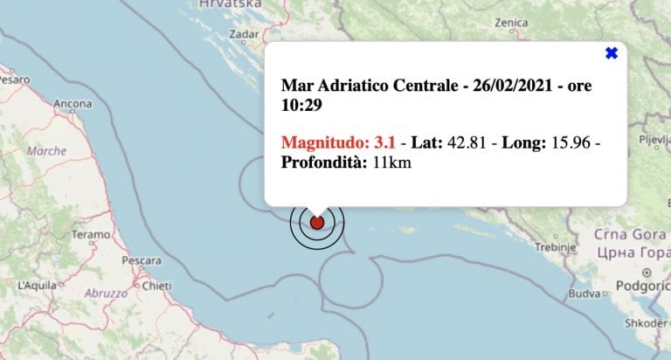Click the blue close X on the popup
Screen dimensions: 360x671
click(x=612, y=53)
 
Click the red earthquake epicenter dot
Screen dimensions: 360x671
click(x=317, y=222)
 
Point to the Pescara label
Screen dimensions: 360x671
click(x=142, y=260)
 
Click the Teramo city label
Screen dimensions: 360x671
click(x=91, y=234)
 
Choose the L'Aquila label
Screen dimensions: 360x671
click(x=36, y=285)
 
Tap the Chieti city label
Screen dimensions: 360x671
click(x=156, y=285)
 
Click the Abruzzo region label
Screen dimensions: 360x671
click(x=106, y=294)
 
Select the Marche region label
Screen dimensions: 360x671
click(x=46, y=151)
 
